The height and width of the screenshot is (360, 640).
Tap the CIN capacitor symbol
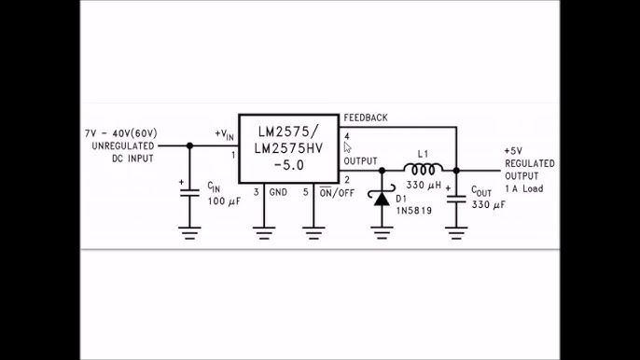(x=190, y=192)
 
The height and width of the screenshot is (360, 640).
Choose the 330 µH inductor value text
(x=424, y=186)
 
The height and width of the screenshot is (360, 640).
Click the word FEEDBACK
(x=366, y=118)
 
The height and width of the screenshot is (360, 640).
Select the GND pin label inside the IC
(x=278, y=192)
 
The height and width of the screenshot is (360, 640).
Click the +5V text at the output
(x=513, y=150)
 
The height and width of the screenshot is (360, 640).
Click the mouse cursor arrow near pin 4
(x=347, y=147)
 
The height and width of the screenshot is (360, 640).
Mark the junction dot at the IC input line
(x=190, y=145)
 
